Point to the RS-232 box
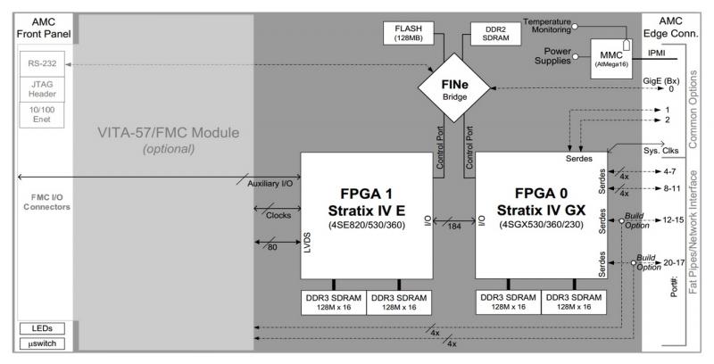(x=40, y=64)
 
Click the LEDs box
(x=37, y=328)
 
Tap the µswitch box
(x=37, y=343)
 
